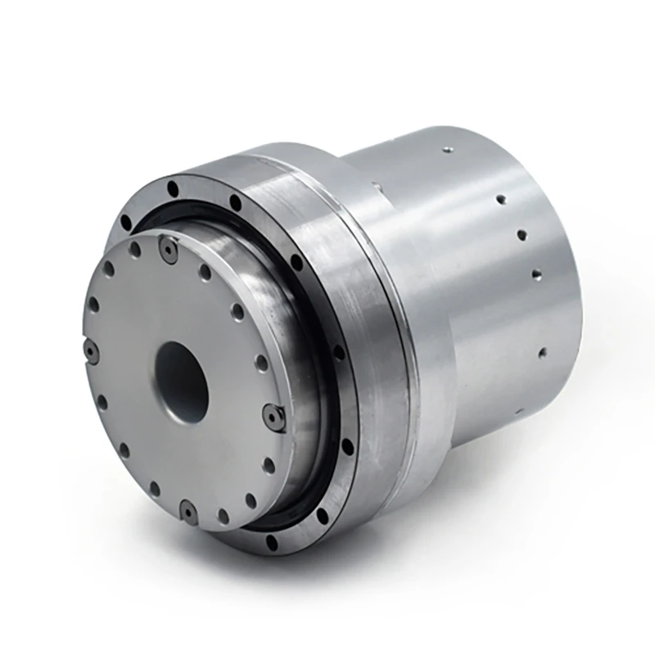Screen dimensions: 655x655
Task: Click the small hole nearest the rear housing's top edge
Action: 448,150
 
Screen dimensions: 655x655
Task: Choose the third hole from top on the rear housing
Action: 521,235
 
